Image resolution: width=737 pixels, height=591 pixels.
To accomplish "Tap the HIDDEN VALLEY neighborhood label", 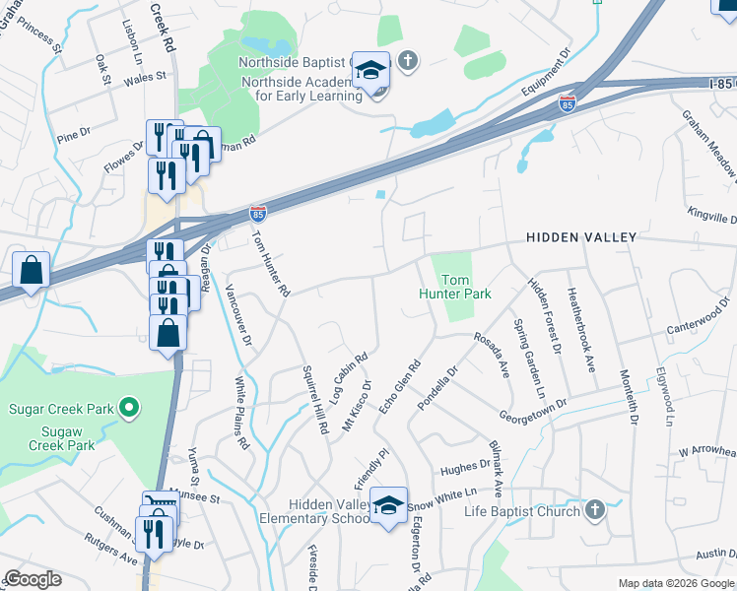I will click(581, 237).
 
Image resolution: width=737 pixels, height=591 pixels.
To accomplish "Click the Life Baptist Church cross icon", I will click(593, 510).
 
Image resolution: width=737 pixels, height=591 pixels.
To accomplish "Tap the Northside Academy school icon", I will click(371, 71).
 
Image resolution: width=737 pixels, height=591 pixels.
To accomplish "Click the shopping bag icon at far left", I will click(31, 269).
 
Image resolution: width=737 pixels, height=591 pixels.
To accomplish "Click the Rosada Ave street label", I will click(490, 353).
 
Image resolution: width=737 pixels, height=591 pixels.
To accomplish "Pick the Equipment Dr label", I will click(547, 74).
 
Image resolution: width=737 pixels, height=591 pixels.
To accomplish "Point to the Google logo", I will click(33, 579).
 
